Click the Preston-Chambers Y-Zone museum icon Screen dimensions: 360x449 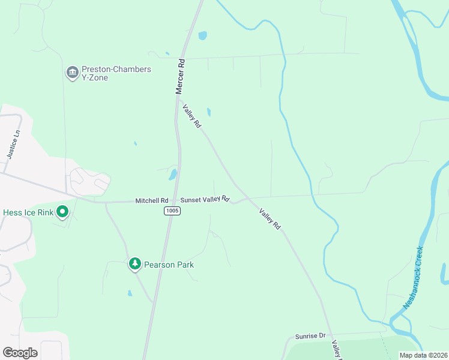coord(72,73)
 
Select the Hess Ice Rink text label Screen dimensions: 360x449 coord(28,212)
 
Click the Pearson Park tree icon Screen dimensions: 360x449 coord(135,264)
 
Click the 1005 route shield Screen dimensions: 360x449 coord(171,211)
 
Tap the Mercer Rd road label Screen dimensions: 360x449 coord(179,76)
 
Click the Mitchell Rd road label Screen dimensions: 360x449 coord(151,200)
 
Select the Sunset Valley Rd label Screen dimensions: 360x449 coord(205,199)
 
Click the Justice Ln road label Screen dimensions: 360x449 coord(14,144)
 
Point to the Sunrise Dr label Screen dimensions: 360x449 coord(310,337)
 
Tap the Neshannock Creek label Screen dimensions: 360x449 coord(414,277)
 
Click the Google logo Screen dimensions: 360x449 coord(20,353)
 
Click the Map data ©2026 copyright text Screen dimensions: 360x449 coord(423,355)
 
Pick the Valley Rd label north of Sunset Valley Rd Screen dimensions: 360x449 coord(192,115)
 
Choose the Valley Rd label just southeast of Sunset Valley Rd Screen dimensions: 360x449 coord(270,220)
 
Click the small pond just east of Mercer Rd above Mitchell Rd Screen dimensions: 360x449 coord(173,175)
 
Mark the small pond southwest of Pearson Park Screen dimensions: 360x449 coord(130,293)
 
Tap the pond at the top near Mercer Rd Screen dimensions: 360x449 coord(202,35)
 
